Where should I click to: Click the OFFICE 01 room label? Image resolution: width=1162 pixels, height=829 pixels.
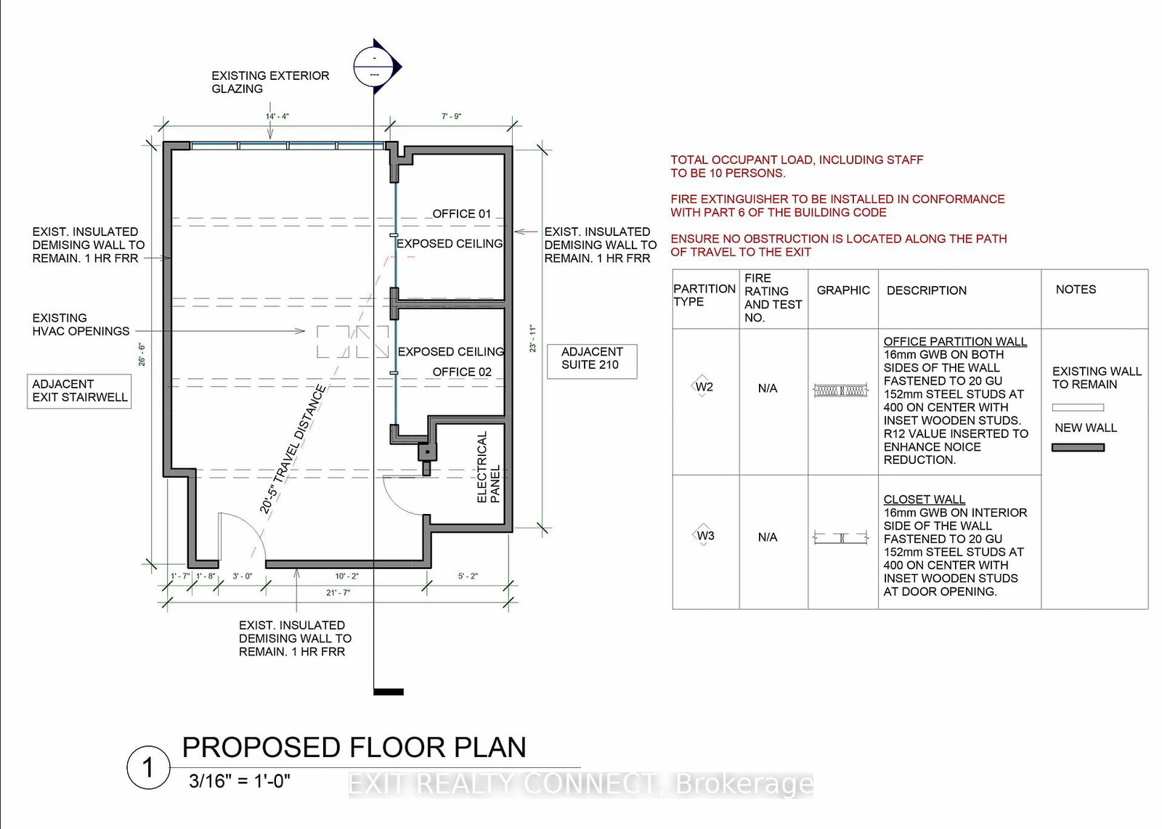click(x=461, y=213)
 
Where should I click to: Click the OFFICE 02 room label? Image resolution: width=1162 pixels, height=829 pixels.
click(x=462, y=372)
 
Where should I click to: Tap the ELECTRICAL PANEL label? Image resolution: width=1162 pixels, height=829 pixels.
click(x=488, y=467)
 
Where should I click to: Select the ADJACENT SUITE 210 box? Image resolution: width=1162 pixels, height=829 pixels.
click(x=592, y=362)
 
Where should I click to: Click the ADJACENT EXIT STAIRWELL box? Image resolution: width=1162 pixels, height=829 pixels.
click(x=79, y=391)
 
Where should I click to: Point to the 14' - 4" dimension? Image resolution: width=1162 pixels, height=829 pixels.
click(x=277, y=116)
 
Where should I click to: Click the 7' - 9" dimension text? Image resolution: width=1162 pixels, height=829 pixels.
click(x=451, y=116)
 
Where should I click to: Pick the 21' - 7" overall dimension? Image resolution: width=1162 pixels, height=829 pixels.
click(x=338, y=592)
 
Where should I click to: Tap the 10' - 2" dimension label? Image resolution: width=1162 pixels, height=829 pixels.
click(x=346, y=576)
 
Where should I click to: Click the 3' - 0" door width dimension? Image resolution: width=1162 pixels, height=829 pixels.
click(x=243, y=576)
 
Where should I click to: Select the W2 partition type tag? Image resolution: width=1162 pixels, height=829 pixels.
click(x=704, y=387)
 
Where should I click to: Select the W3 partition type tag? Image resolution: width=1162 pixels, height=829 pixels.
click(x=705, y=536)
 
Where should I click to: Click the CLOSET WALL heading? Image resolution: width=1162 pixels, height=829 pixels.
click(x=924, y=499)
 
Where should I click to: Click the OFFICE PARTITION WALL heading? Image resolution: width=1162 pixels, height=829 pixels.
click(x=955, y=342)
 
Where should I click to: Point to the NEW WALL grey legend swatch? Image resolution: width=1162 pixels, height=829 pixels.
click(x=1078, y=447)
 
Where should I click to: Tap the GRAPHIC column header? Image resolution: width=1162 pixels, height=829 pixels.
click(x=843, y=290)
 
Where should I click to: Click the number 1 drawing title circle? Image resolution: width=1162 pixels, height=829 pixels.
click(x=148, y=767)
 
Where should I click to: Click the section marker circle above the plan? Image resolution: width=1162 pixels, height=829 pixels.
click(x=374, y=66)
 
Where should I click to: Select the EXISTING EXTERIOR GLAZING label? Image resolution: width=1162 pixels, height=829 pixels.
click(x=270, y=82)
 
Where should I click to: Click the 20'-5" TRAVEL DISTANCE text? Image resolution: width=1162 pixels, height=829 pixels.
click(x=293, y=449)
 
